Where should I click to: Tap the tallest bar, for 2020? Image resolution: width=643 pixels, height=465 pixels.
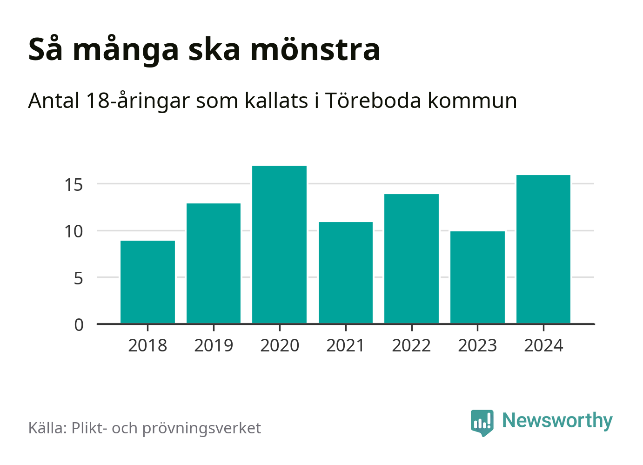tap(279, 244)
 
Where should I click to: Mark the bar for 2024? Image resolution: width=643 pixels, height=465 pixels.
tap(543, 249)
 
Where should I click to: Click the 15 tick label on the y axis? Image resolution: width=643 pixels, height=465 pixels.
tap(74, 185)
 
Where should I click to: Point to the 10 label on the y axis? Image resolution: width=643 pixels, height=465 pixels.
tap(74, 231)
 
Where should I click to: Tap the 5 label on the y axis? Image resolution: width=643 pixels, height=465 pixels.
tap(78, 278)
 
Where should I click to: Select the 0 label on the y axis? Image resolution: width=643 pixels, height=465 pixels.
tap(79, 325)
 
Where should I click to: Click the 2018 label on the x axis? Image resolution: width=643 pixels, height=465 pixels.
tap(147, 346)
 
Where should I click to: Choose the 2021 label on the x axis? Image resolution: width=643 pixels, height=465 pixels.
tap(345, 346)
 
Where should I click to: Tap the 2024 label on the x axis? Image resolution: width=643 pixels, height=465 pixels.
tap(543, 346)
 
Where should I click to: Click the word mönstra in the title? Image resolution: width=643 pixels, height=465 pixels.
tap(315, 49)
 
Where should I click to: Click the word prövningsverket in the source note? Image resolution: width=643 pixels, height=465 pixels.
tap(201, 428)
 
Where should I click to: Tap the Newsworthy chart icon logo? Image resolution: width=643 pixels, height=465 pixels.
tap(482, 422)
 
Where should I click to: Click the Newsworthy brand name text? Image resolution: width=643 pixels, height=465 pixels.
tap(557, 421)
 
